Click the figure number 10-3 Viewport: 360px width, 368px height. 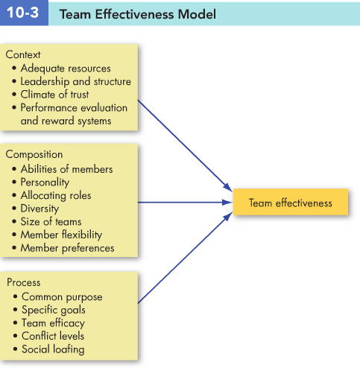click(22, 13)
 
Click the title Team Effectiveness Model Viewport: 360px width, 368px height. click(138, 14)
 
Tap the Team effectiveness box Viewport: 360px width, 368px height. click(291, 202)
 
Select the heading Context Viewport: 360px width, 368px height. click(23, 54)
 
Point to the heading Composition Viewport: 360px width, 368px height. click(34, 154)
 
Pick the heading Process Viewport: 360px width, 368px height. click(24, 282)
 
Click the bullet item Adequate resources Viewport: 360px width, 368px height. click(66, 69)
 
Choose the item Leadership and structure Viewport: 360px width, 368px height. click(76, 81)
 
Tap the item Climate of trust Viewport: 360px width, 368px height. click(54, 95)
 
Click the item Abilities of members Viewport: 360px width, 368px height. click(66, 169)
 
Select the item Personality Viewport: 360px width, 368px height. click(45, 183)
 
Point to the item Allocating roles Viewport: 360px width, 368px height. click(56, 195)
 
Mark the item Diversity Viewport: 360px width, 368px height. click(40, 209)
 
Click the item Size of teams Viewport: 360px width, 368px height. click(51, 221)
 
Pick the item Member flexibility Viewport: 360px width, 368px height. click(61, 235)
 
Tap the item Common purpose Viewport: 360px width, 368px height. click(62, 296)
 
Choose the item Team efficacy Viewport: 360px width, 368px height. click(53, 323)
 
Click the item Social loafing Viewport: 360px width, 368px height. click(53, 349)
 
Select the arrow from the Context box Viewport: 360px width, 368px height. click(185, 146)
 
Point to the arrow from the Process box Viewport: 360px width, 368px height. click(185, 258)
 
